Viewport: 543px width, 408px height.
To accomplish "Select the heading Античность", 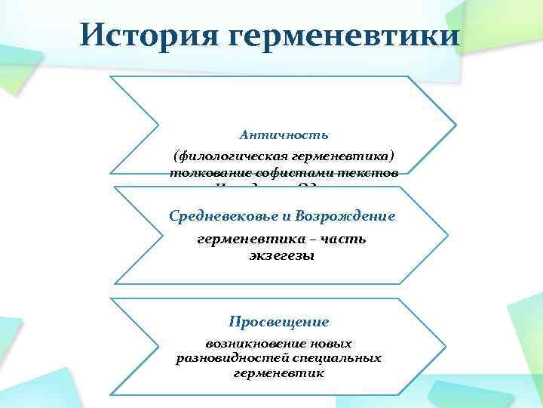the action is (284, 135).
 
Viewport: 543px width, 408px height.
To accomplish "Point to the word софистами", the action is (296, 172).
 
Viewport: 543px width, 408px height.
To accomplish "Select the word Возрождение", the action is (349, 217).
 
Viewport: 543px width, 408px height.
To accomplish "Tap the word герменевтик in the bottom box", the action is (284, 372).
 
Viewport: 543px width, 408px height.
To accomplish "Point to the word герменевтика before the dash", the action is (249, 239).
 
